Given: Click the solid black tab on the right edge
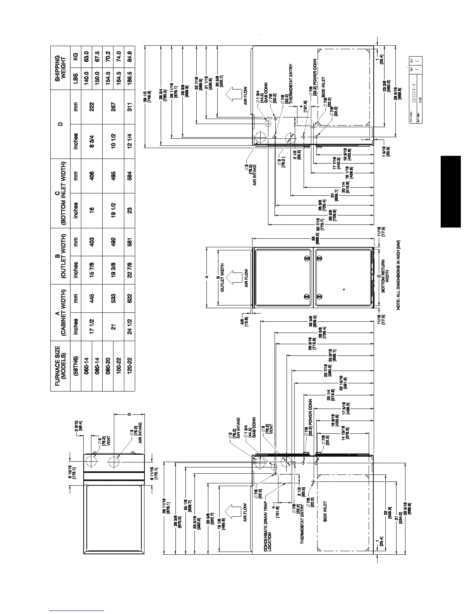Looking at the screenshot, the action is pos(450,191).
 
